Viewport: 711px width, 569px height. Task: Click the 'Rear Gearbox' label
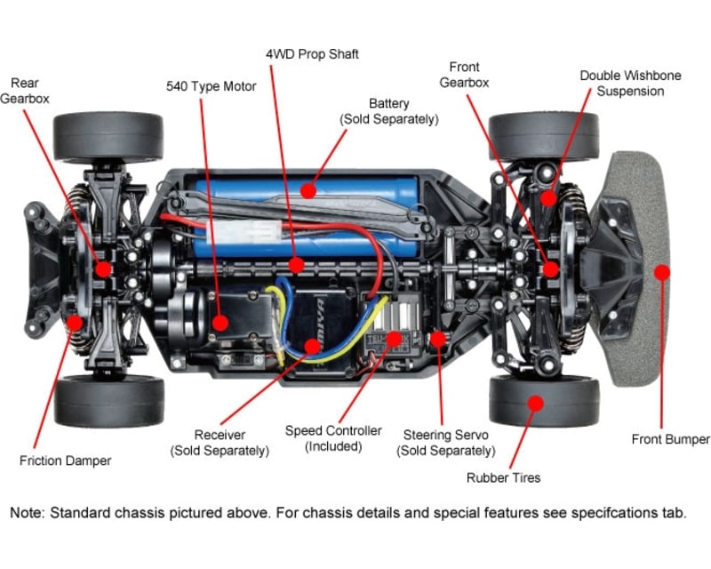tap(25, 90)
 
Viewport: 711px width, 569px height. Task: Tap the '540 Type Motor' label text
tap(211, 86)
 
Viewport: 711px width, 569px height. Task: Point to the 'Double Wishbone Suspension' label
tap(630, 83)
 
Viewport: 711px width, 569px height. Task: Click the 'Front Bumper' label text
tap(670, 439)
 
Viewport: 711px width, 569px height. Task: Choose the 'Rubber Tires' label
tap(503, 477)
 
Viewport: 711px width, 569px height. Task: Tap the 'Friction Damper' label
tap(66, 461)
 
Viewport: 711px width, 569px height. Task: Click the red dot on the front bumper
tap(661, 271)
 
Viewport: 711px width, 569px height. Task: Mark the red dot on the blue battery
tap(308, 188)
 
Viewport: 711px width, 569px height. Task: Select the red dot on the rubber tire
tap(535, 403)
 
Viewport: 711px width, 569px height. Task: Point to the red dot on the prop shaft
tap(296, 265)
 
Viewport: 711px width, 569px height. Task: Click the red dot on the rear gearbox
tap(104, 268)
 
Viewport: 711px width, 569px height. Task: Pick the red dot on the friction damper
tap(75, 323)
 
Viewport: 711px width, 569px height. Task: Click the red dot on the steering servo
tap(437, 338)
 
